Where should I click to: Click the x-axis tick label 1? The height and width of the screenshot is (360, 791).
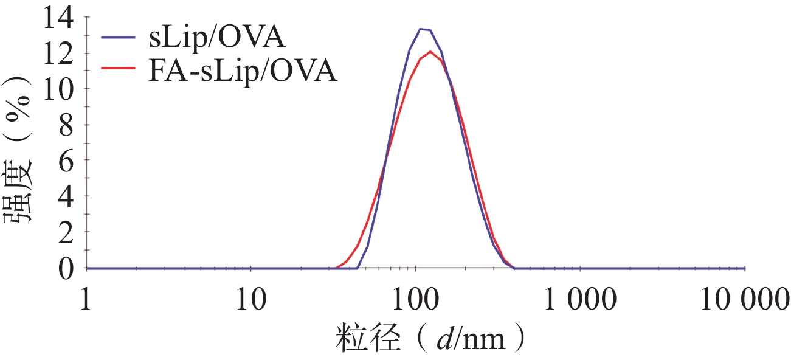tap(86, 300)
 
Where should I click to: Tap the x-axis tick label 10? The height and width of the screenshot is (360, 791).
tap(250, 300)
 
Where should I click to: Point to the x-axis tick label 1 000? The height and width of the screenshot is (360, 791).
tap(579, 300)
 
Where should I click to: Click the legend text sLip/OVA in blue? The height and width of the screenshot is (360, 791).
tap(216, 38)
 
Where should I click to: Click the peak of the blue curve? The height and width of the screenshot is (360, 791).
tap(425, 29)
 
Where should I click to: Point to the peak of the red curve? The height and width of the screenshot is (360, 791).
tap(430, 51)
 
